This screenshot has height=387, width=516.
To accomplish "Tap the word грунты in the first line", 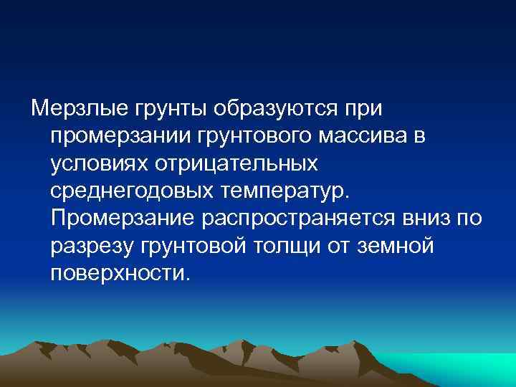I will (x=161, y=110).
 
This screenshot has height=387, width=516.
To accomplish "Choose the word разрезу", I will (x=92, y=246).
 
